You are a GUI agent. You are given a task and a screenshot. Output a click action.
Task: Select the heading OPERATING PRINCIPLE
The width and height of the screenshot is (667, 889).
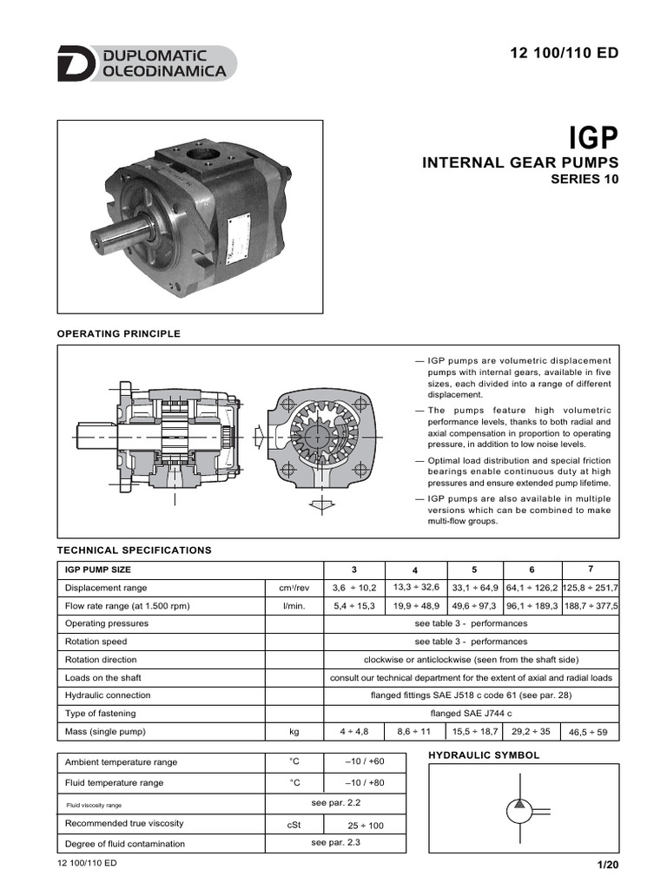pyautogui.click(x=118, y=333)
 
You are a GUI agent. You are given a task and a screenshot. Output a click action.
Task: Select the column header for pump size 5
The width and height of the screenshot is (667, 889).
pyautogui.click(x=474, y=570)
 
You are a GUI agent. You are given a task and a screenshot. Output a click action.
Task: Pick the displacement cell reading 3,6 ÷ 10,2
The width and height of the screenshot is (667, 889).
pyautogui.click(x=353, y=588)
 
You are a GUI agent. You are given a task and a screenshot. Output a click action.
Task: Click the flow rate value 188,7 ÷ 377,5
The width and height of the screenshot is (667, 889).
pyautogui.click(x=591, y=606)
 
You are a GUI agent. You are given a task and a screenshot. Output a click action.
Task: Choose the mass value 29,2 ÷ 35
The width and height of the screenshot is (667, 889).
pyautogui.click(x=532, y=732)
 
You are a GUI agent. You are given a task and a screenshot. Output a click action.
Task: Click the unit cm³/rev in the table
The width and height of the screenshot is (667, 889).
pyautogui.click(x=294, y=588)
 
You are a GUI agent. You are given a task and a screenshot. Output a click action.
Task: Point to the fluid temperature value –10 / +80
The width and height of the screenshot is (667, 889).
pyautogui.click(x=364, y=782)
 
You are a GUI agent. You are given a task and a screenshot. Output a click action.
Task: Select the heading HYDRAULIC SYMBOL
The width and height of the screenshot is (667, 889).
pyautogui.click(x=484, y=755)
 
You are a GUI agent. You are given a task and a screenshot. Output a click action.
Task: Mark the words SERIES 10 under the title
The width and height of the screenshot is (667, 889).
pyautogui.click(x=585, y=180)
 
